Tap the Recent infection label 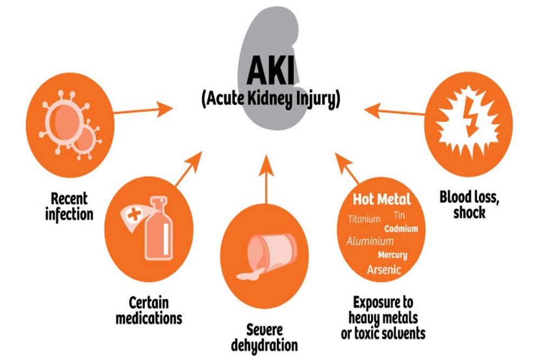[x=69, y=206]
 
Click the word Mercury [x=393, y=255]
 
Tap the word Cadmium [x=401, y=228]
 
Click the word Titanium [x=364, y=219]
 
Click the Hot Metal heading [x=382, y=199]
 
